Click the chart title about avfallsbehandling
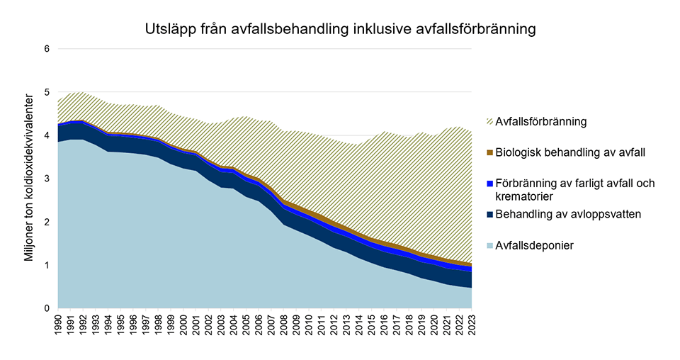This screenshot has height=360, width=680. coord(339,30)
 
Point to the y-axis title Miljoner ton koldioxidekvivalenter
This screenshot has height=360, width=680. coord(29,179)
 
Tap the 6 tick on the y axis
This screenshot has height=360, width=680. coord(47,49)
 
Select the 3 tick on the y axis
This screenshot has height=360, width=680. coord(47,179)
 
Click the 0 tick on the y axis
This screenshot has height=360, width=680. coord(47,308)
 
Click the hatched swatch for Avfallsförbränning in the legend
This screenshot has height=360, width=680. coord(487,122)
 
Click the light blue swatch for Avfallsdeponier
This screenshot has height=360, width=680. coord(487,245)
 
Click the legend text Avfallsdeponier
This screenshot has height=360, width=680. coord(533,245)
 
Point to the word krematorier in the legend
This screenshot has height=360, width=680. coord(525,195)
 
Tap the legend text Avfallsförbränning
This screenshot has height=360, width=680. coord(542,122)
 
